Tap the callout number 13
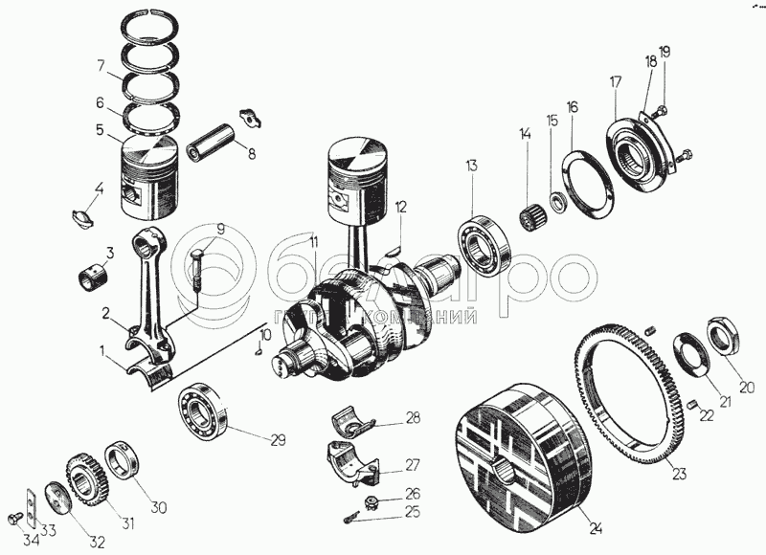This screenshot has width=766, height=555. [x=471, y=166]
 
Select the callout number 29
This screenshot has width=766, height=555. [x=278, y=441]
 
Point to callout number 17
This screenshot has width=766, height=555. [x=615, y=81]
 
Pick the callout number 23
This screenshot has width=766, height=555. [x=679, y=472]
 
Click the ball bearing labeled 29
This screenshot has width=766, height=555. [x=200, y=412]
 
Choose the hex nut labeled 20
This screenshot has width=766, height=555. [x=724, y=338]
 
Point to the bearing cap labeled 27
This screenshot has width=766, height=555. [x=352, y=464]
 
